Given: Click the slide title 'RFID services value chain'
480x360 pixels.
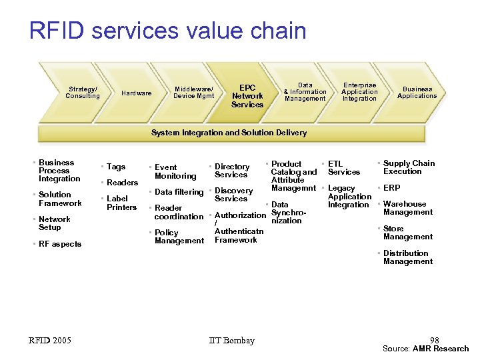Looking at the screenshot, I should tap(167, 31).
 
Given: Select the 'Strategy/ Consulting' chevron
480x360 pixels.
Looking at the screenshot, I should tap(83, 92).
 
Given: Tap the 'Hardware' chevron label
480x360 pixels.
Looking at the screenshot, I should tap(136, 93).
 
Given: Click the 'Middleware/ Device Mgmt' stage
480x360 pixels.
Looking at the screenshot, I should tap(193, 92).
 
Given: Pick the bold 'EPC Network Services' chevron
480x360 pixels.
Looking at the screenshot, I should tap(247, 96).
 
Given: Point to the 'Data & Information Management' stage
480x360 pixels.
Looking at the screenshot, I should tap(305, 92).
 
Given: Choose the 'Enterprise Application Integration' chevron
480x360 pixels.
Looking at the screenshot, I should tap(359, 92).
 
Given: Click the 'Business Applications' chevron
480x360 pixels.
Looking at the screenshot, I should tap(417, 92).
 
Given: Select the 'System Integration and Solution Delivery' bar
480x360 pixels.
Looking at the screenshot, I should tap(229, 133).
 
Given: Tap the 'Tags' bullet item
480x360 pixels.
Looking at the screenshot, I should tap(116, 167).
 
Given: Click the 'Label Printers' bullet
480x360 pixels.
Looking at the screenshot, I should tap(121, 203).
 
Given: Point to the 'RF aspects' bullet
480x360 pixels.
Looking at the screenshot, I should tap(60, 244).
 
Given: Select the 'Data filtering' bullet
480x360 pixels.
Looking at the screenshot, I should tap(179, 192).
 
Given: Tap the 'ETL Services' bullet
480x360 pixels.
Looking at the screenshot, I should tap(343, 168).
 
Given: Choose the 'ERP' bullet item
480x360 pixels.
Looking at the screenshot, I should tap(392, 188).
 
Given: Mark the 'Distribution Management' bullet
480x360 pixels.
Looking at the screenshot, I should tap(407, 257).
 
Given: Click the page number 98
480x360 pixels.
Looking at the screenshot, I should tap(434, 341).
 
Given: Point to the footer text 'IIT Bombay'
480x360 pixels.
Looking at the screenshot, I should tap(231, 341).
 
